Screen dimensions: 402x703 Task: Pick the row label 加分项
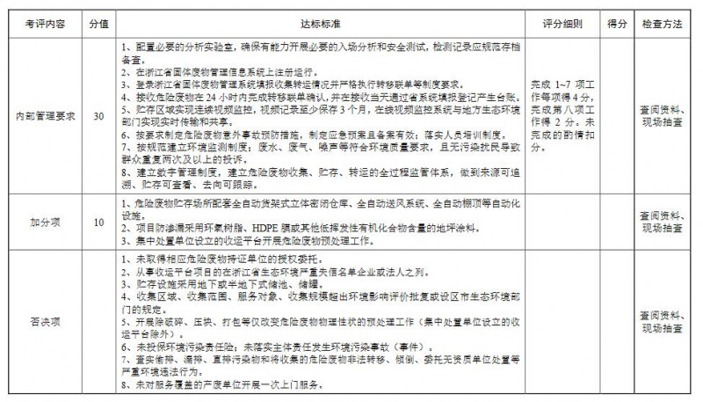point(41,223)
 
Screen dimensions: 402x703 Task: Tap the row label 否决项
point(41,321)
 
